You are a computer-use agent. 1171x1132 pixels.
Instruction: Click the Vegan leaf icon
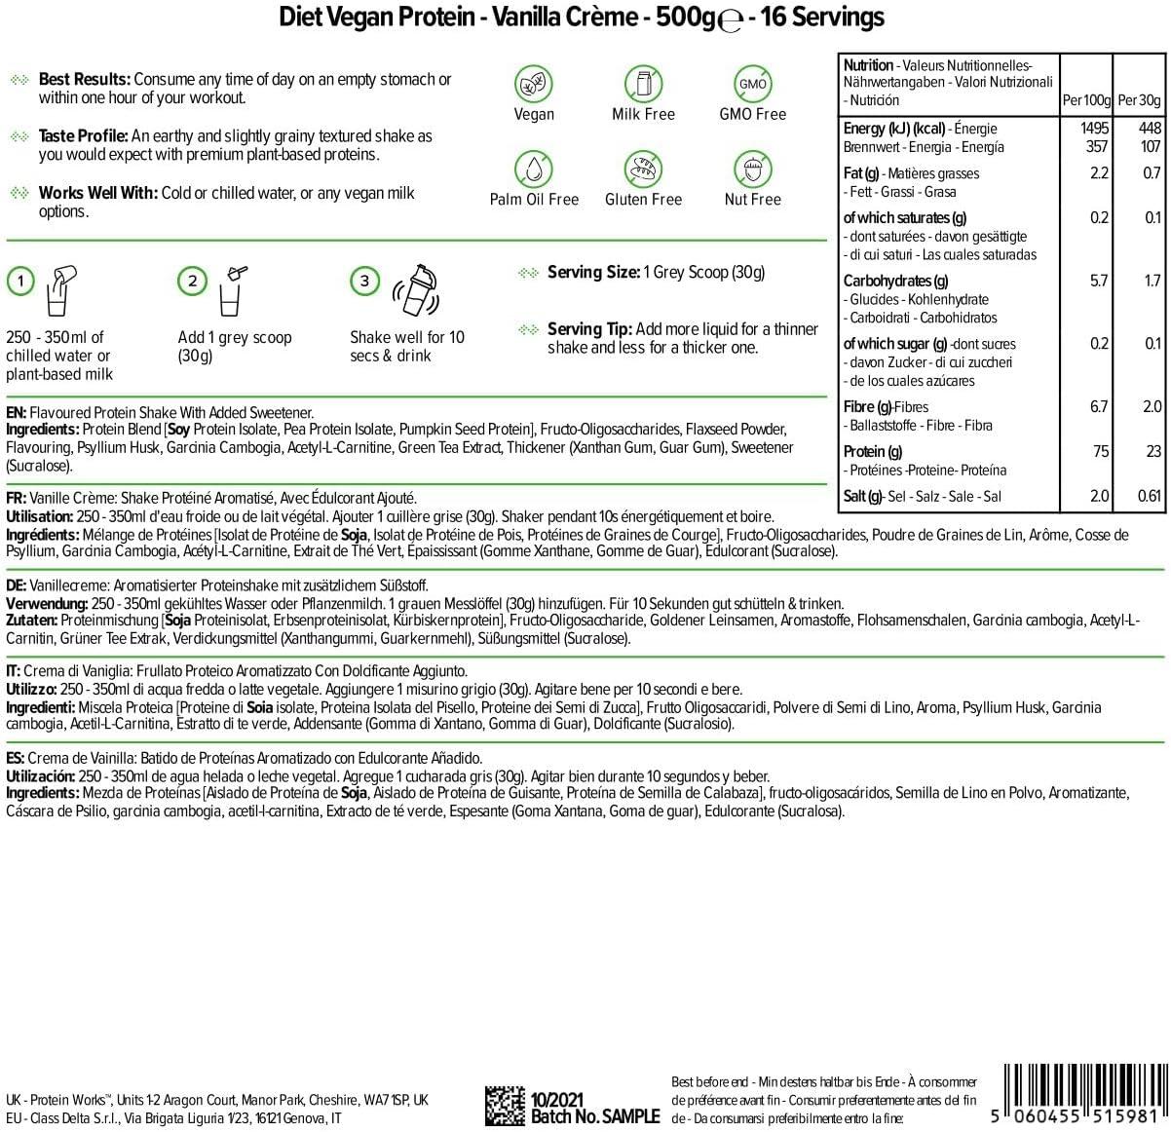tap(534, 84)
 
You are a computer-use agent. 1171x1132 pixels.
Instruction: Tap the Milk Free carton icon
tap(643, 84)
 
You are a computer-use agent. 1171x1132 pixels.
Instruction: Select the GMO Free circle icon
tap(752, 84)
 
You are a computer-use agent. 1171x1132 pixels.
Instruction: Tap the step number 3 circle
tap(364, 282)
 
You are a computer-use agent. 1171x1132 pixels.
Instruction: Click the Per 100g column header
tap(1086, 100)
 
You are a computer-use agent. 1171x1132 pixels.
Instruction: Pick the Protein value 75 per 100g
tap(1099, 451)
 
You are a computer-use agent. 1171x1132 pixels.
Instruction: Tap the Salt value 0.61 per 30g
tap(1149, 496)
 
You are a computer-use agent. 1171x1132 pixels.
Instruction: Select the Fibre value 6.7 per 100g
tap(1098, 406)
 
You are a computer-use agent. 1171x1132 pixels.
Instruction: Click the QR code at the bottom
tap(506, 1106)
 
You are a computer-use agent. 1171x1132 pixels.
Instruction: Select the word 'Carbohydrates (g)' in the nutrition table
tap(895, 281)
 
